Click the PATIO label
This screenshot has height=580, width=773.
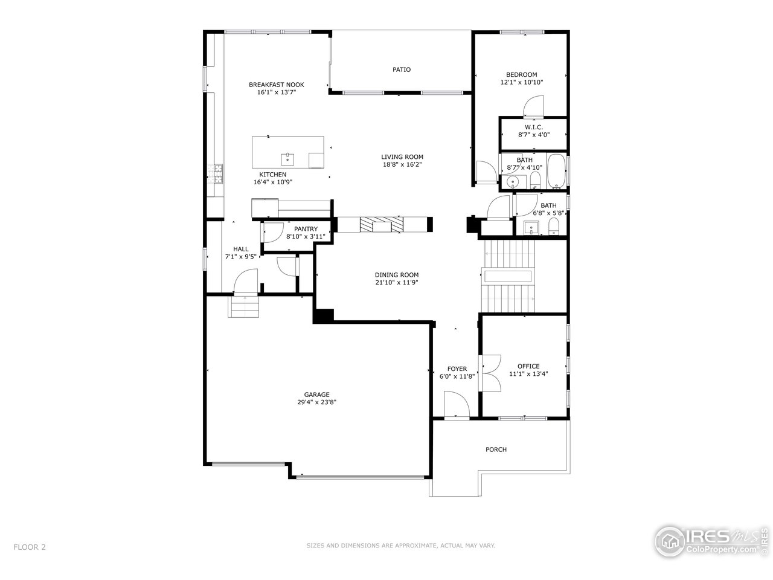pos(401,69)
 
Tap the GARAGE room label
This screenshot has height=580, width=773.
pos(316,395)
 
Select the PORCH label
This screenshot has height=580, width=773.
pos(496,449)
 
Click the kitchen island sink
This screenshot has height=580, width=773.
pos(287,159)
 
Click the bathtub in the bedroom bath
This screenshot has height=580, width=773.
pos(556,171)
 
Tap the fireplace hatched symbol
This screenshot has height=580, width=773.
pos(382,224)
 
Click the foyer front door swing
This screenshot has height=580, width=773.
pos(457,404)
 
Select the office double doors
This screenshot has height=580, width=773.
pos(490,373)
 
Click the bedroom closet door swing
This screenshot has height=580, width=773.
pos(533,106)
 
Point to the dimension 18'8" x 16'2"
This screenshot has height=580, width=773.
pos(402,164)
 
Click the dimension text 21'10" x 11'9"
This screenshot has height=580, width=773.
pos(397,282)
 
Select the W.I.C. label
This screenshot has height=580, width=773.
pos(533,127)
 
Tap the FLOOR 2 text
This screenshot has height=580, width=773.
pos(30,547)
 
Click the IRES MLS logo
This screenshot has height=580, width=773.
pos(711,541)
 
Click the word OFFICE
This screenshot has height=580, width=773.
pos(528,366)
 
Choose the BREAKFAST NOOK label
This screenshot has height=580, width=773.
pos(277,85)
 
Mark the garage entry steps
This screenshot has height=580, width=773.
pos(243,306)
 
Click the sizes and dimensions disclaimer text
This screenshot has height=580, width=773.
pos(400,546)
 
